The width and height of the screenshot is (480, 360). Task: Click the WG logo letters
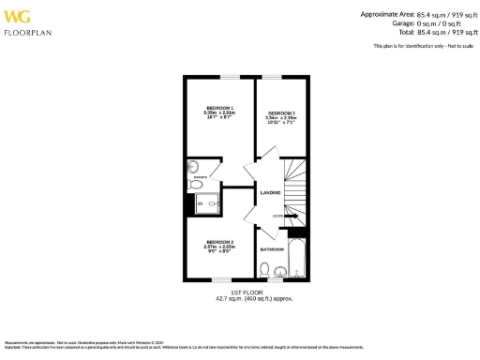[18, 16]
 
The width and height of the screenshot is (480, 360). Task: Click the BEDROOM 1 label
[219, 109]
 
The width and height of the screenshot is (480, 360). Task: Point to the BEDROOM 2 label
[220, 242]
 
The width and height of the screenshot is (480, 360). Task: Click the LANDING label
[271, 193]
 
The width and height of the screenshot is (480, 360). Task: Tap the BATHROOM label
[272, 249]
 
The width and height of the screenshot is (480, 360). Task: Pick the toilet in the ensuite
[196, 186]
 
